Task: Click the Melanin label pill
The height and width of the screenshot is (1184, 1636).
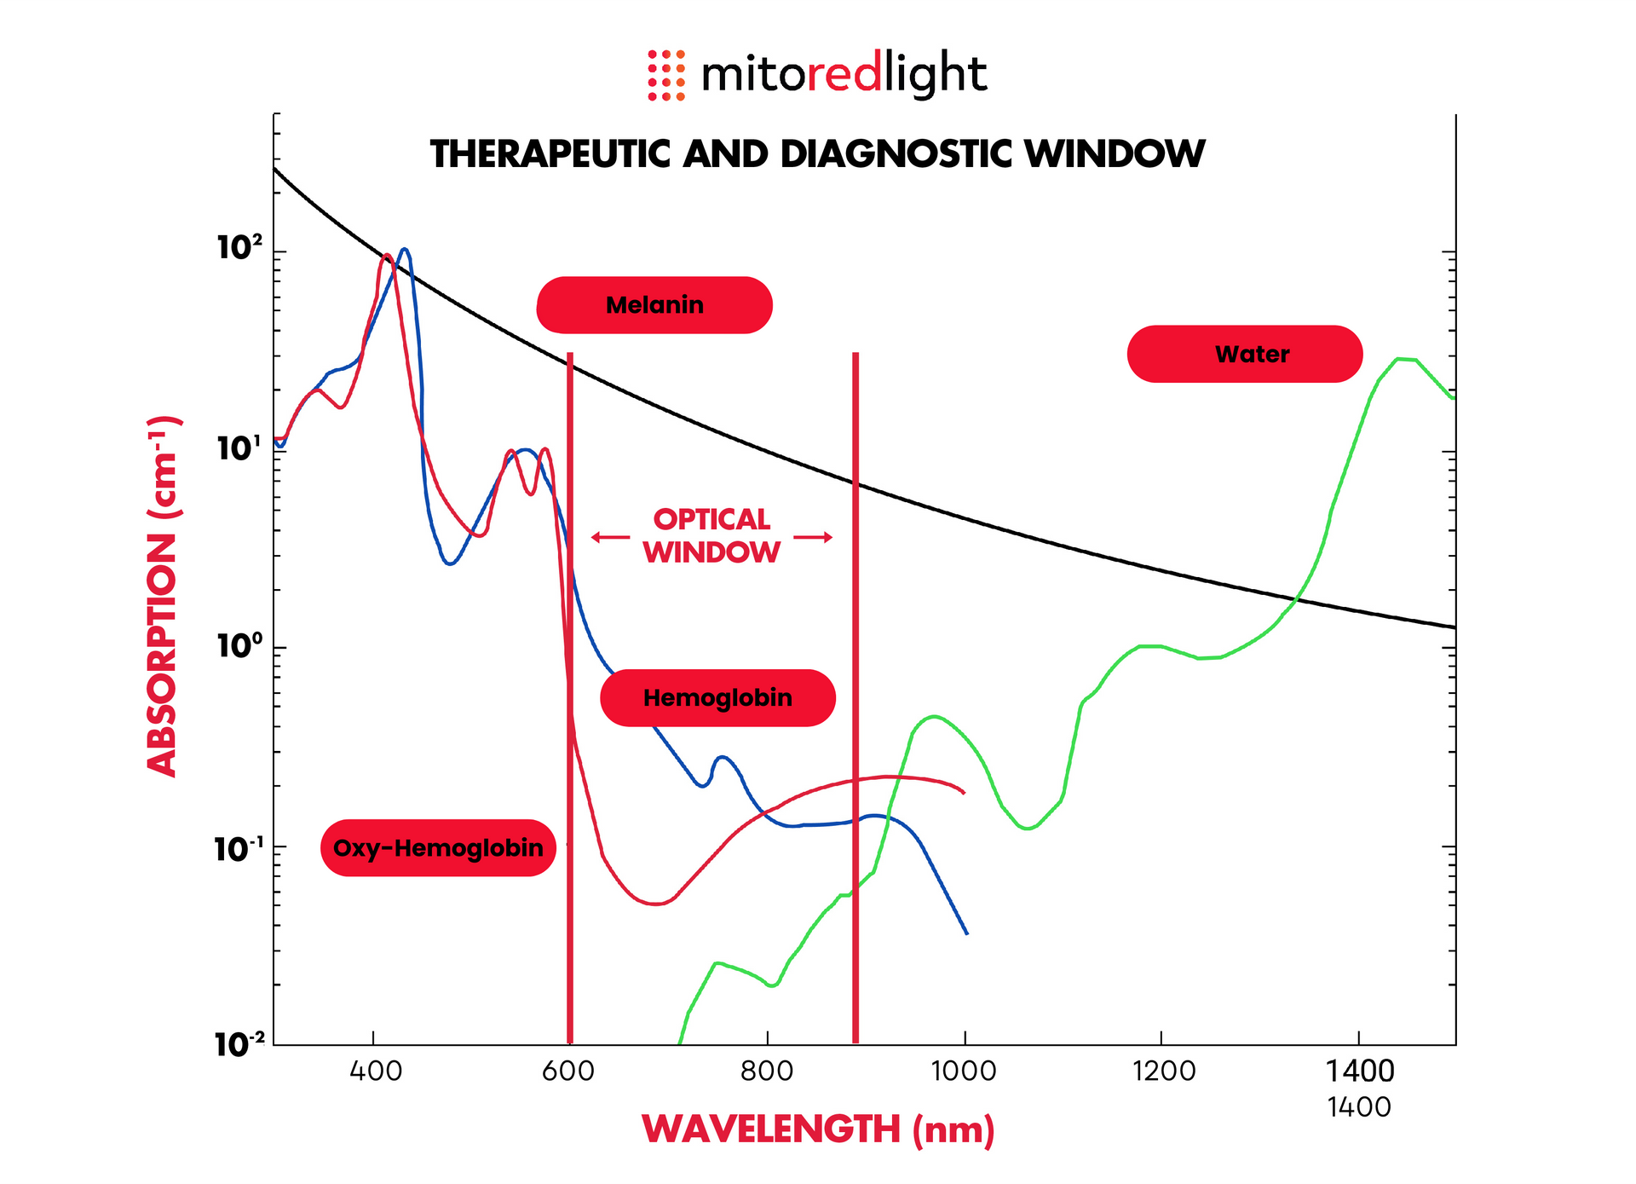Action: pos(654,305)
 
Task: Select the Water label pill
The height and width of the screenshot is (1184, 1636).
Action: pos(1244,354)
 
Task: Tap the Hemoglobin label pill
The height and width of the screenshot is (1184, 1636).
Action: pos(717,698)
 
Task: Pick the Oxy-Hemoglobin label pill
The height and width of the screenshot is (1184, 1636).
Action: pos(438,848)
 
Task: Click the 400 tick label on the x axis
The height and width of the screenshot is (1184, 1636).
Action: pos(375,1071)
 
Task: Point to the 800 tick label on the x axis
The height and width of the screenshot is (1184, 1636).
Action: pos(767,1071)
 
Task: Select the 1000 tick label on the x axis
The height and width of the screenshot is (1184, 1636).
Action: pos(964,1071)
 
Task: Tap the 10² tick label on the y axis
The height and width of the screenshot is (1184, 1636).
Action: pos(239,248)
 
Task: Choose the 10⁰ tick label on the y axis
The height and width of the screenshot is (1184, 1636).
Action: pos(239,646)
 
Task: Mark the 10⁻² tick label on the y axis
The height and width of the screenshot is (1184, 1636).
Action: pos(239,1043)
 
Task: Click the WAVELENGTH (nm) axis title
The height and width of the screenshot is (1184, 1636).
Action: pos(818,1129)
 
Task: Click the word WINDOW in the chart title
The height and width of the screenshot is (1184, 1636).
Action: pos(1115,154)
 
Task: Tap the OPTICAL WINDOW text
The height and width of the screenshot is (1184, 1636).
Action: pos(711,536)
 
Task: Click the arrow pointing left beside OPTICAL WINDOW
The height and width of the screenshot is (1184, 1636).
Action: pos(609,537)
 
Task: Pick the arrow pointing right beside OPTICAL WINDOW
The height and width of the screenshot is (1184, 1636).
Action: pos(813,537)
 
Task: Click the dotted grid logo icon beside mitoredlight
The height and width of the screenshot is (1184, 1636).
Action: pos(666,75)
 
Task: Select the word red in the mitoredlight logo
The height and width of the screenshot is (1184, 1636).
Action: pos(844,75)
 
